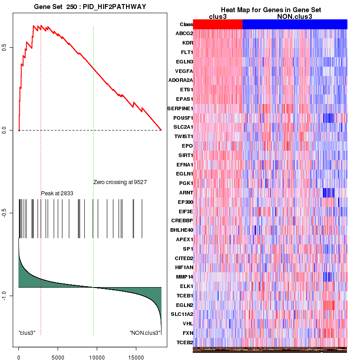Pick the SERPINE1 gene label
[x=180, y=108]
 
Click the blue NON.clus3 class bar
[x=295, y=24]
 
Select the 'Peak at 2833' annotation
[x=57, y=193]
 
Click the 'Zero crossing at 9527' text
[x=120, y=182]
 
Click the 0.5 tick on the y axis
[x=4, y=48]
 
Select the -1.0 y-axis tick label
[x=4, y=295]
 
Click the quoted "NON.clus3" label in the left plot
[x=145, y=333]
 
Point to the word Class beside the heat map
[x=186, y=24]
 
